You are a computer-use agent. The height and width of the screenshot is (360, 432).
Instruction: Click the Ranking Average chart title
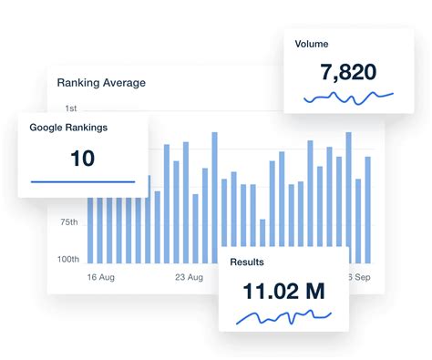click(101, 82)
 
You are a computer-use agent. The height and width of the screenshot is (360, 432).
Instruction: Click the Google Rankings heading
click(68, 128)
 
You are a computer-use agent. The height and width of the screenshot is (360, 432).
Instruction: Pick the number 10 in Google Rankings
click(82, 158)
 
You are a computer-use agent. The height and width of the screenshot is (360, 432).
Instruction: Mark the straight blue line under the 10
click(82, 181)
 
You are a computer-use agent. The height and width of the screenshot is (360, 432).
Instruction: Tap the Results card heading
click(247, 262)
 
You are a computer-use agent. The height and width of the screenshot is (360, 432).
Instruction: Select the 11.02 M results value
click(283, 292)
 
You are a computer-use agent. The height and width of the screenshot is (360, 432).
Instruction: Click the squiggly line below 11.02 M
click(282, 316)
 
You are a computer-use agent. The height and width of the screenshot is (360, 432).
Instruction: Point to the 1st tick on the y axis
click(70, 108)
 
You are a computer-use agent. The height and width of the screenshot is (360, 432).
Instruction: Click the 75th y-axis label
click(68, 222)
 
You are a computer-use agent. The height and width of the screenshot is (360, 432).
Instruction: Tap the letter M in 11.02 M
click(314, 292)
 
